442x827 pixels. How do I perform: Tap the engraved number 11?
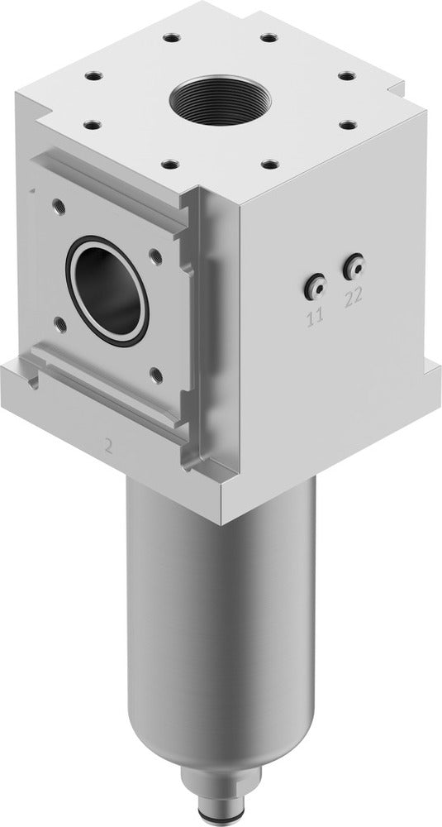[x=316, y=315]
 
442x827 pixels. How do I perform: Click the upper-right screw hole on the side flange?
[x=154, y=257]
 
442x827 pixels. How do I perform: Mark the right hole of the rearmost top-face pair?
[x=267, y=37]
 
